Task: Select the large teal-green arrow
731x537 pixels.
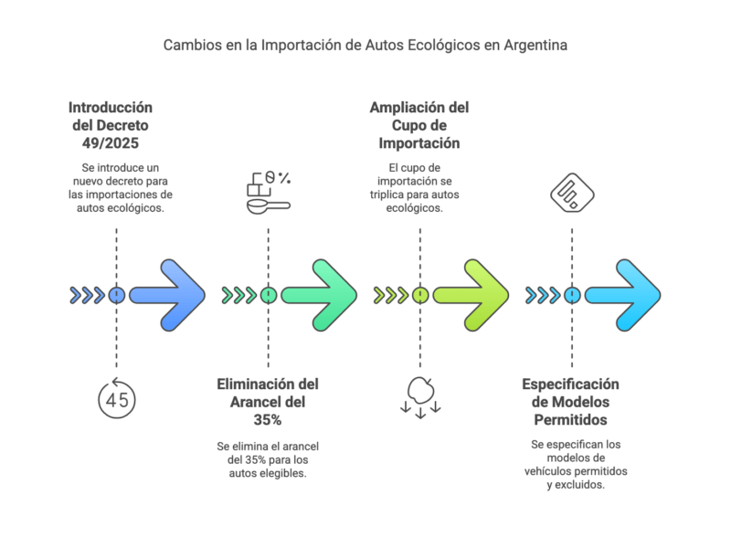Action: click(321, 295)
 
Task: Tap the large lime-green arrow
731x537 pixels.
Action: click(472, 295)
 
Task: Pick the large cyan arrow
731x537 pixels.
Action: click(624, 295)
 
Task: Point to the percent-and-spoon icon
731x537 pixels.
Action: click(268, 192)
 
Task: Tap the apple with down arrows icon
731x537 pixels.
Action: click(419, 395)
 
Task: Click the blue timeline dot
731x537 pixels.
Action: click(116, 295)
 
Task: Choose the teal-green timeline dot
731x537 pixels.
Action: click(268, 295)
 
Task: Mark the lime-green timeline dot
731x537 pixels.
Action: click(419, 295)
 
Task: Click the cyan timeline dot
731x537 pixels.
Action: click(572, 295)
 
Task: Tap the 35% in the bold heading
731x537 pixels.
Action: click(268, 420)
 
